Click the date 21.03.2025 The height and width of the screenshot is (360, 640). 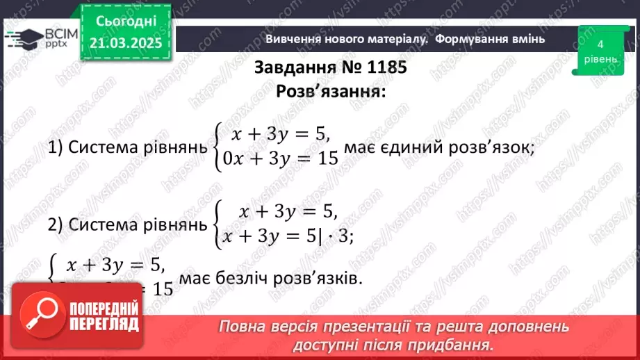tap(126, 43)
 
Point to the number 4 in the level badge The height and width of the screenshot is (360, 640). tap(599, 44)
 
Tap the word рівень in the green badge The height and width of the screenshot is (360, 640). tap(599, 59)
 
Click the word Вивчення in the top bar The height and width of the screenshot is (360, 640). tap(293, 39)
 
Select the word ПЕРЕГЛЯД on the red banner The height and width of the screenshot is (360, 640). tap(105, 324)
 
